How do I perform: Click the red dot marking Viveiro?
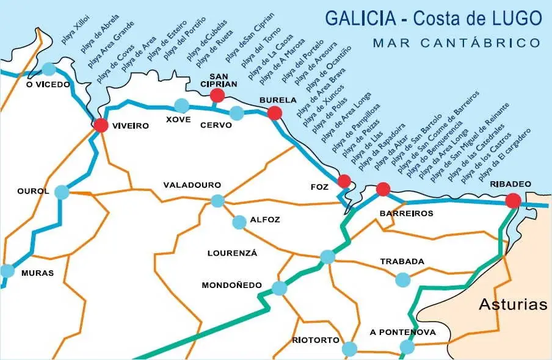coord(101,126)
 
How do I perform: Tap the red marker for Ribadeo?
coord(514,200)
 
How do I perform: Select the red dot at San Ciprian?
coord(217,95)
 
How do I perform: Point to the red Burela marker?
coord(275,113)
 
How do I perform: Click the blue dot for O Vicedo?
coord(49,69)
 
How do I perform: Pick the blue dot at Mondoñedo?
coord(279,288)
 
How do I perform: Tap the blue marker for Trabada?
coord(402,279)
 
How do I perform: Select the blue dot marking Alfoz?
coord(239,221)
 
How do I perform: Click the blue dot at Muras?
coord(7,271)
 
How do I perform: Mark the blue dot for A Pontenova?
coord(407,348)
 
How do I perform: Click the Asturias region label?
coord(513,304)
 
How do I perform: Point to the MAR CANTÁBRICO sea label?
coord(456,43)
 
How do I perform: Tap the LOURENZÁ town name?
coord(232,253)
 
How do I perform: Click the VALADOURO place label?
coord(192,185)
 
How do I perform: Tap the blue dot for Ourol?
coord(62,192)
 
